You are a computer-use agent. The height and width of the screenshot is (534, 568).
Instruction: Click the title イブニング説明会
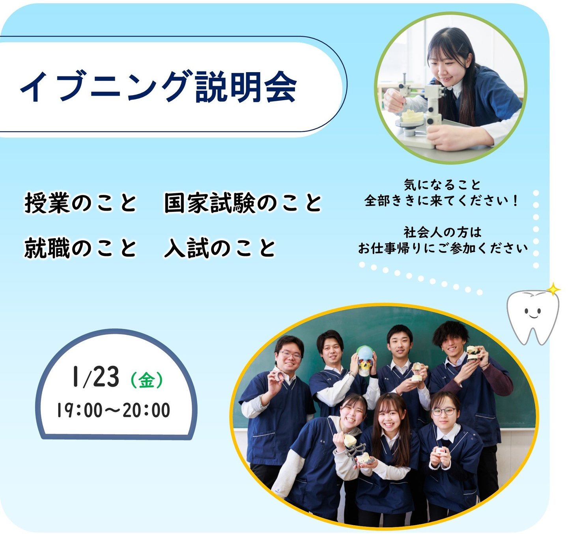158,86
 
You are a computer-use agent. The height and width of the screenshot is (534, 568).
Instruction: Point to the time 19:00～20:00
114,410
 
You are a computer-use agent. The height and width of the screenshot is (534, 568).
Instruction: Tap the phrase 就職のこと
80,248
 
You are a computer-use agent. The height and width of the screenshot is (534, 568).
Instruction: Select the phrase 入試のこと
220,248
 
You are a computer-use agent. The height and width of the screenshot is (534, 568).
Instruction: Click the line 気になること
442,185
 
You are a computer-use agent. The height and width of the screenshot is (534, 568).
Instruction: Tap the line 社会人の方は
443,232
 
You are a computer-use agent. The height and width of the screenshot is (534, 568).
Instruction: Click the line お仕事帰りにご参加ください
443,248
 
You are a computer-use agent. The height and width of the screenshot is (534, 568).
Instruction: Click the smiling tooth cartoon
533,317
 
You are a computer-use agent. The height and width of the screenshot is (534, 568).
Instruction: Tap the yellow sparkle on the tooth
553,289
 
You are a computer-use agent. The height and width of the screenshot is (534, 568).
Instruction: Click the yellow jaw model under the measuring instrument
413,116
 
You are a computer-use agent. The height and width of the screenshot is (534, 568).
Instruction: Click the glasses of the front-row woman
444,411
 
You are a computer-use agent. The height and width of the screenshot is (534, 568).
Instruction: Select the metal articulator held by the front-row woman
357,450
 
